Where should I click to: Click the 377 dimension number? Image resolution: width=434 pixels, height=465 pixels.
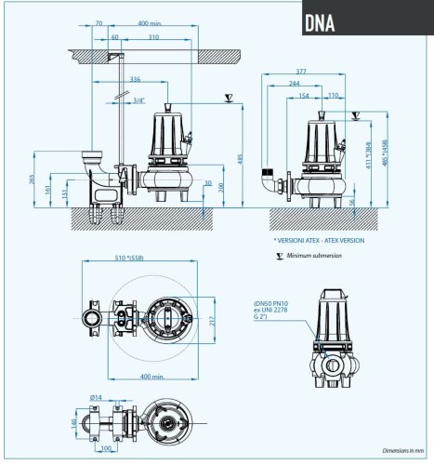pyautogui.click(x=301, y=71)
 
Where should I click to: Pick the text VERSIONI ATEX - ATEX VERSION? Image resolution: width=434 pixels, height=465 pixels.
pyautogui.click(x=321, y=240)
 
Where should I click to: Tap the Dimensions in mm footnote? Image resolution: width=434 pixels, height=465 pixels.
pyautogui.click(x=402, y=449)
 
